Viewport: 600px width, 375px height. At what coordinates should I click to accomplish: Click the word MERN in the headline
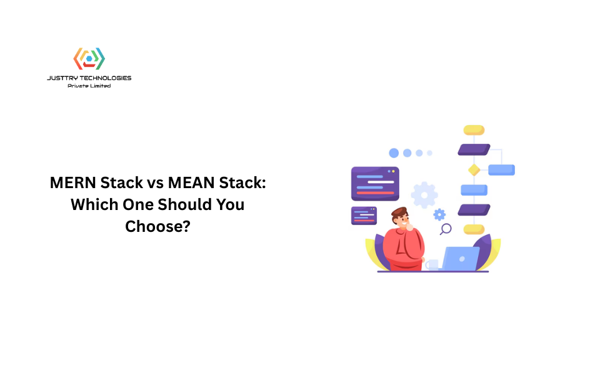(x=73, y=182)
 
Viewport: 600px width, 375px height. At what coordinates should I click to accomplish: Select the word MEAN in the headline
(x=191, y=182)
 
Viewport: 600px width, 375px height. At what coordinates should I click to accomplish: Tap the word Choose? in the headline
(x=157, y=226)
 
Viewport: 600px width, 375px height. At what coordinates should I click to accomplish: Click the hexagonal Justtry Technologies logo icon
(x=89, y=59)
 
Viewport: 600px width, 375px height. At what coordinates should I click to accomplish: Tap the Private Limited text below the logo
(x=89, y=86)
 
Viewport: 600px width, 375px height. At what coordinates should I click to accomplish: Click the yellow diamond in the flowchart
(x=474, y=170)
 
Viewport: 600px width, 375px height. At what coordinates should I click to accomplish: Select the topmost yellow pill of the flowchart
(x=474, y=130)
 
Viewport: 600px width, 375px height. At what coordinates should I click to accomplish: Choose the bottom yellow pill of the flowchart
(x=474, y=229)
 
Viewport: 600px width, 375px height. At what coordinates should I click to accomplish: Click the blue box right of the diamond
(x=502, y=170)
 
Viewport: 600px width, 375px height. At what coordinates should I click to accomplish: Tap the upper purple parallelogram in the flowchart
(x=474, y=149)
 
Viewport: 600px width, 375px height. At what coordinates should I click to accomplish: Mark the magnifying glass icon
(x=446, y=229)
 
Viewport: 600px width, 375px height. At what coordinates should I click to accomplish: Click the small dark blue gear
(x=439, y=214)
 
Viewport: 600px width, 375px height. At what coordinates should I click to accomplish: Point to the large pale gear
(x=424, y=195)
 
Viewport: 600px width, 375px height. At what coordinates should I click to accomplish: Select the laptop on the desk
(x=461, y=259)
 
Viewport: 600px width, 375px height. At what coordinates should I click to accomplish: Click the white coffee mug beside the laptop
(x=432, y=265)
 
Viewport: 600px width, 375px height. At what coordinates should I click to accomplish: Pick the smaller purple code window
(x=364, y=216)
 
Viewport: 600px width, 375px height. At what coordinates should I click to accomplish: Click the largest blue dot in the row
(x=394, y=153)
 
